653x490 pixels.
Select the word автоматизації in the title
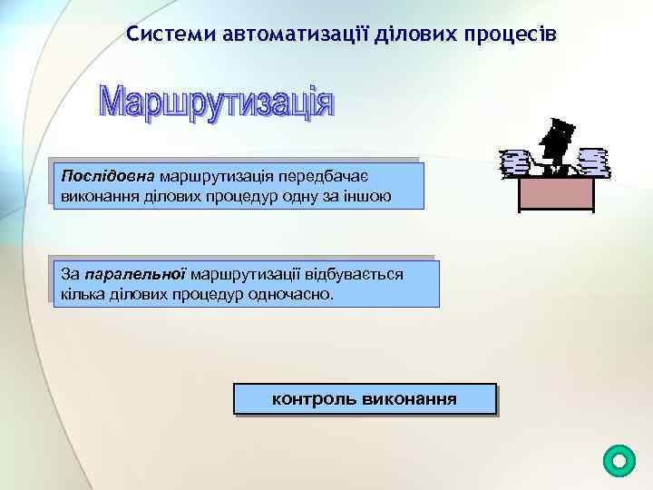click(274, 34)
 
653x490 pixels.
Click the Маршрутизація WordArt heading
click(216, 103)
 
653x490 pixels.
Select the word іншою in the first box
click(370, 194)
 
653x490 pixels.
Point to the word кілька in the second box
click(83, 295)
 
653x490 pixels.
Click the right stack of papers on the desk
click(592, 161)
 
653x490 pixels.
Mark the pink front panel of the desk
click(555, 192)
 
